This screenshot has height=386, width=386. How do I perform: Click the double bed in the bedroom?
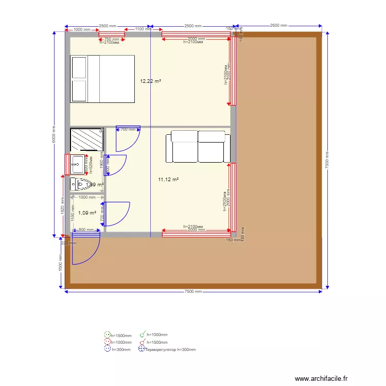point(102,79)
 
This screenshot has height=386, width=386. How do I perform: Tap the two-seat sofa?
point(198,146)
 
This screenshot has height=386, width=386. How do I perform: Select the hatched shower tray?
point(86,140)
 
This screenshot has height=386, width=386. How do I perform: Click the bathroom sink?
point(78,164)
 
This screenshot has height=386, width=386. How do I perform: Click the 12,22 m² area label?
point(151,81)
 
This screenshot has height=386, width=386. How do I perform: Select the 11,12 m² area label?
point(168,179)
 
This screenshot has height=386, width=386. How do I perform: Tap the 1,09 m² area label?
point(87,213)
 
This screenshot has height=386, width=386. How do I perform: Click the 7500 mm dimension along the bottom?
point(193,292)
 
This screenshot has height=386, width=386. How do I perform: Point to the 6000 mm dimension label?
point(54,135)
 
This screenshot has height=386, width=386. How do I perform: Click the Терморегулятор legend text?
point(170,349)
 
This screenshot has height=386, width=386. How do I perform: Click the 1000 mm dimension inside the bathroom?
point(86,197)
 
